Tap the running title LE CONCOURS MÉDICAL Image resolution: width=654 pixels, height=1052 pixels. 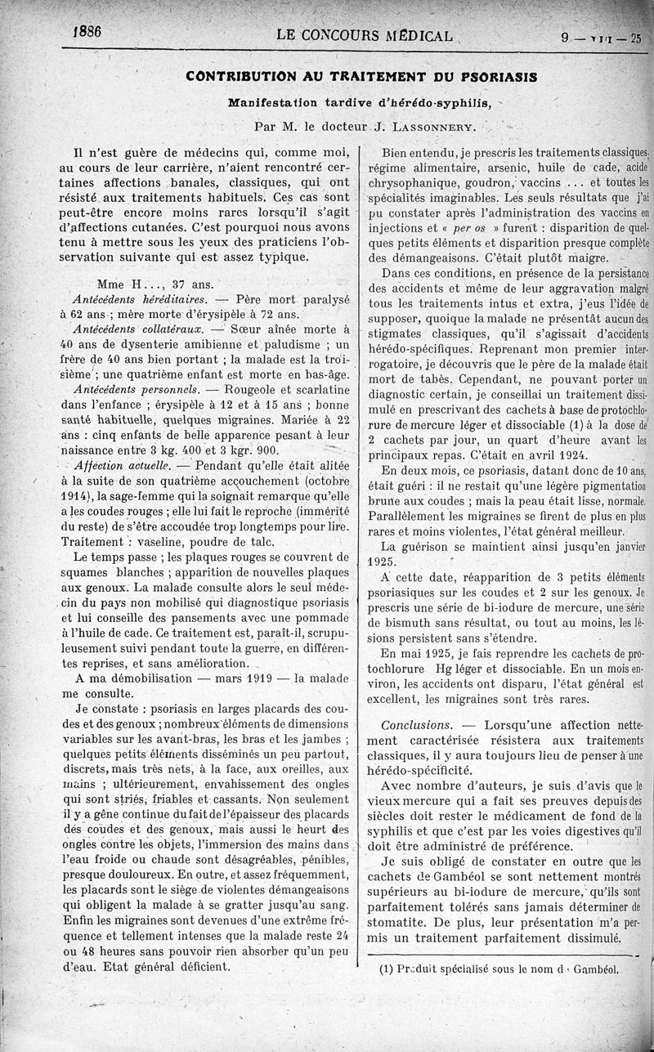coord(365,37)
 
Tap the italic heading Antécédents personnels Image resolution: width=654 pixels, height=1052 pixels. coord(132,388)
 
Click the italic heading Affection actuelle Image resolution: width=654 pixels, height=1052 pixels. coord(121,463)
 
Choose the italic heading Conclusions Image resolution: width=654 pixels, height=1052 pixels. coord(417,725)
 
